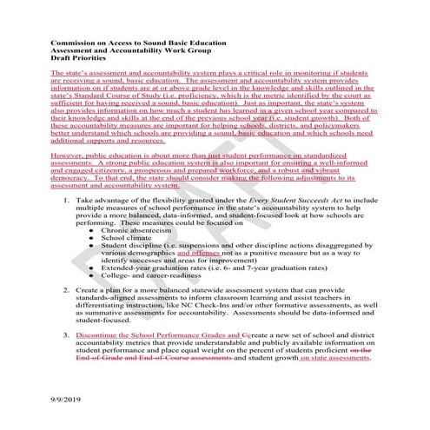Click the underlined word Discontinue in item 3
(x=99, y=333)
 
